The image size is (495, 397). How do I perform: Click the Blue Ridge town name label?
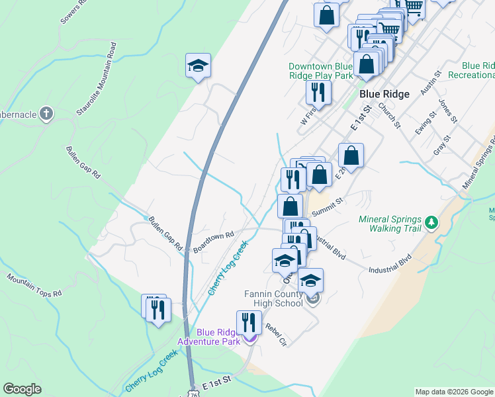pos(384,94)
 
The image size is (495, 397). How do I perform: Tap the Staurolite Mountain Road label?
pos(97,80)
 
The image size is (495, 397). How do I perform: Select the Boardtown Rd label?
pos(214,242)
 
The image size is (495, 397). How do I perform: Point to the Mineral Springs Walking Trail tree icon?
pos(431,222)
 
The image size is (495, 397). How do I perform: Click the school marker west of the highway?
pos(197,66)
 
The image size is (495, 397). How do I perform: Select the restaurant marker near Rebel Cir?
pos(249,323)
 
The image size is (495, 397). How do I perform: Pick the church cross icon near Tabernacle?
pos(46,114)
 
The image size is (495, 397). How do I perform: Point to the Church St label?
pos(390,114)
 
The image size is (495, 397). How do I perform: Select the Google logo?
pos(22,389)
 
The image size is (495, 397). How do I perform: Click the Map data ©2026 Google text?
pos(453,392)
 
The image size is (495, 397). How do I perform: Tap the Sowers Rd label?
pos(74,12)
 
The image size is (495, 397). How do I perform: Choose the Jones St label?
pos(447,110)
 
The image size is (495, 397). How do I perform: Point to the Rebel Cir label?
pos(275,335)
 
